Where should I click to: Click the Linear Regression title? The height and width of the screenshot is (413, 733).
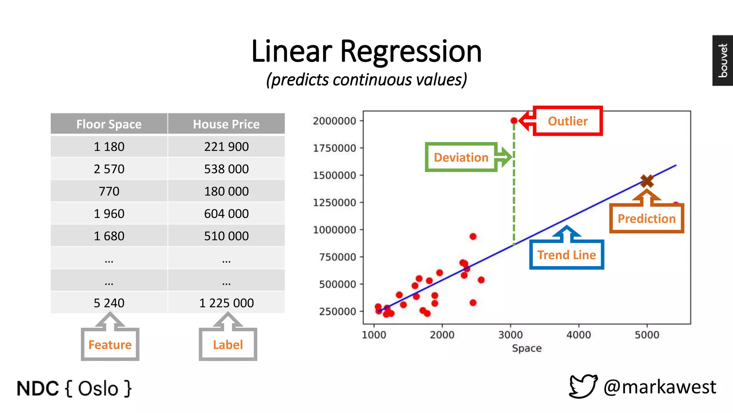[x=366, y=51]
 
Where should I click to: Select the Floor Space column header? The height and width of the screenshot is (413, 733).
[x=109, y=124]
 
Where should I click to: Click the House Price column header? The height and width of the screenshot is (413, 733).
[x=226, y=124]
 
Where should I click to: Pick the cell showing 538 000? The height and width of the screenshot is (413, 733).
[x=226, y=169]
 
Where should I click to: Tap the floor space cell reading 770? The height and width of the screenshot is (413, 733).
[x=109, y=191]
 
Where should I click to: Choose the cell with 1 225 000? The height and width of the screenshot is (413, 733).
[x=226, y=303]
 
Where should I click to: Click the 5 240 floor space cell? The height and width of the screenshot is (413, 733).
[x=109, y=303]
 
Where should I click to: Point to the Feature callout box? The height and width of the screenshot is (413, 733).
[x=110, y=345]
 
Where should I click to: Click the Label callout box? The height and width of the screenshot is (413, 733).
[x=228, y=345]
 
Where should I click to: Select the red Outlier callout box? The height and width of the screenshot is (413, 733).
[x=568, y=121]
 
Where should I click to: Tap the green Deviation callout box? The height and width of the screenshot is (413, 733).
[x=461, y=157]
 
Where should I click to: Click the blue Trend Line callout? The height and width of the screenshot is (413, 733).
[x=567, y=255]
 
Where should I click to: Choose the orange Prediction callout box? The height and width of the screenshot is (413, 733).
[x=646, y=218]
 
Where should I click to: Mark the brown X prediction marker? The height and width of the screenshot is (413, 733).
[x=647, y=181]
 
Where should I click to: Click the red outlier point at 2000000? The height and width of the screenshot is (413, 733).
[x=514, y=121]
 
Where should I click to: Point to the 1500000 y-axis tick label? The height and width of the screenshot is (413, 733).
[x=335, y=175]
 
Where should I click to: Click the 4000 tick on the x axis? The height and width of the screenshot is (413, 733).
[x=578, y=335]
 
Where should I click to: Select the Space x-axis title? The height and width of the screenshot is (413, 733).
[x=526, y=348]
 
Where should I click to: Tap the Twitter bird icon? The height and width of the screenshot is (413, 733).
[x=583, y=386]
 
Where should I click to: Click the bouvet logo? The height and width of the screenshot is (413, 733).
[x=723, y=60]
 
